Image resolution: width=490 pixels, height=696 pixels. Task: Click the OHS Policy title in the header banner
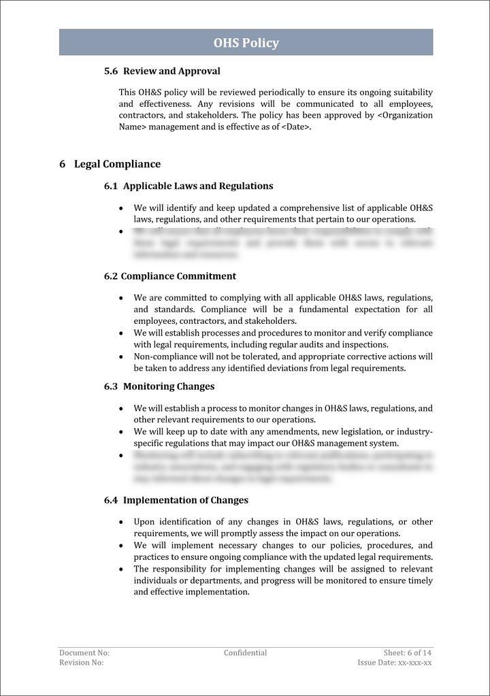click(x=246, y=43)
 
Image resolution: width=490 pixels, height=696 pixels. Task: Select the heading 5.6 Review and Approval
click(x=162, y=71)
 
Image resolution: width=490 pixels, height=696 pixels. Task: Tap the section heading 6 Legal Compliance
click(x=110, y=164)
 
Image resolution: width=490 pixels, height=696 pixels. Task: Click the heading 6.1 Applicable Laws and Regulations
click(x=189, y=186)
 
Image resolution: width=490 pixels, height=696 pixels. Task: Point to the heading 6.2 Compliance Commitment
click(x=170, y=276)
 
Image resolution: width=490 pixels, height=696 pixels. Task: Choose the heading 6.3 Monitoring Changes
click(x=159, y=386)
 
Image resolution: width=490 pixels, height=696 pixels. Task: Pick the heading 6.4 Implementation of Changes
click(x=176, y=500)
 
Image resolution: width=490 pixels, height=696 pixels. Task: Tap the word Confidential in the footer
click(x=245, y=652)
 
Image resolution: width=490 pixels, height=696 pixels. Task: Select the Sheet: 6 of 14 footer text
click(x=407, y=652)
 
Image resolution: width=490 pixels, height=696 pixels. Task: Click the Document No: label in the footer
click(x=84, y=652)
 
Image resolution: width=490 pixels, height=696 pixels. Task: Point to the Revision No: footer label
click(x=82, y=663)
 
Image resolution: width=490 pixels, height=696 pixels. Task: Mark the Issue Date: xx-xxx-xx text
click(x=395, y=663)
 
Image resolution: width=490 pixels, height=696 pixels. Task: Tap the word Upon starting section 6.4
click(x=144, y=522)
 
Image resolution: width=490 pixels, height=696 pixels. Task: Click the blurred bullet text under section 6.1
click(x=282, y=243)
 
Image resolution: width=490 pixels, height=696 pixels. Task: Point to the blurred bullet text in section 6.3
click(x=282, y=467)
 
